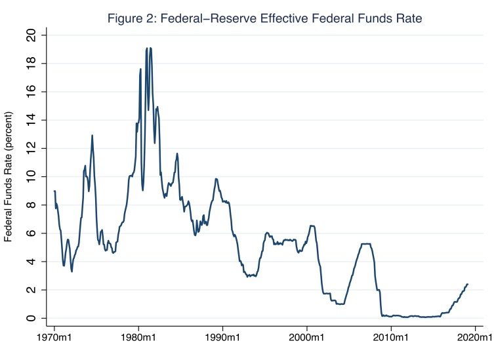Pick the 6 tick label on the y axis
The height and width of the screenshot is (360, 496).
[31, 233]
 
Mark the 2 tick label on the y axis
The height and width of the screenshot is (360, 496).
[31, 290]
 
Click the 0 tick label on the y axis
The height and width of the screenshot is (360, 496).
[31, 318]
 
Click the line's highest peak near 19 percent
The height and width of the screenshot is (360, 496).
[147, 48]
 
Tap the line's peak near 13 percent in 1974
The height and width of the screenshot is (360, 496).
[92, 135]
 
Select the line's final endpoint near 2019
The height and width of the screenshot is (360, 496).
[467, 284]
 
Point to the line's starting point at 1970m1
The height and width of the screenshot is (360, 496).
[54, 191]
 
